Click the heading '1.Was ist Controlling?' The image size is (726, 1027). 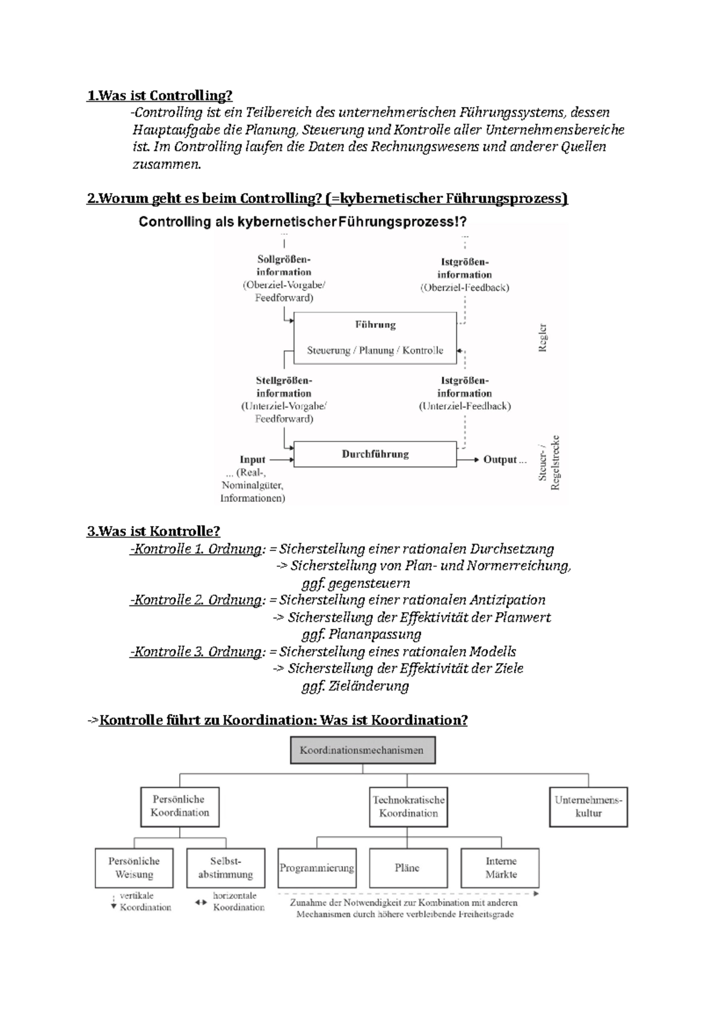[160, 96]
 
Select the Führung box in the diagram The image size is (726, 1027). [375, 337]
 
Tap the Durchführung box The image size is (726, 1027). [375, 454]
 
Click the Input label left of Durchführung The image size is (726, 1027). [252, 460]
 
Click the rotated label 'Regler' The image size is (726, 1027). [543, 337]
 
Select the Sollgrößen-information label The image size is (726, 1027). [284, 266]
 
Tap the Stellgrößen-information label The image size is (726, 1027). [284, 387]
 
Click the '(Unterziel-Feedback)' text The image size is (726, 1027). [465, 406]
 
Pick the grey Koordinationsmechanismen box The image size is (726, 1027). [362, 750]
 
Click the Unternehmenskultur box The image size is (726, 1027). [588, 807]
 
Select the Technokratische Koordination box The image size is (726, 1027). [408, 807]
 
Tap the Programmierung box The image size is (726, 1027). [316, 868]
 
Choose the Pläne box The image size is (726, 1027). [407, 868]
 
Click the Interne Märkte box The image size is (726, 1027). [500, 868]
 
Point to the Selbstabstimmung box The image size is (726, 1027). [226, 868]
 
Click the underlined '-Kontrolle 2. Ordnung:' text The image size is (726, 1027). [197, 600]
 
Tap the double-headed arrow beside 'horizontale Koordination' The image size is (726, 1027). [201, 902]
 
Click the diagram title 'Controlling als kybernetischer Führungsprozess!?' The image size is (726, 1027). [302, 222]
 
